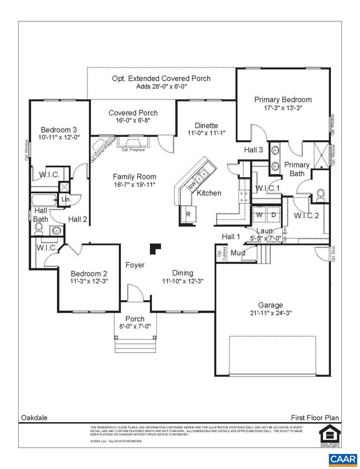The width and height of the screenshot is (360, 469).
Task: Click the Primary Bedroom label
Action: pyautogui.click(x=283, y=99)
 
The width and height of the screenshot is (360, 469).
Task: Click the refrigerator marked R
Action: pyautogui.click(x=188, y=214)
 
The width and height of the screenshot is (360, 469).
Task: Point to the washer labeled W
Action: pyautogui.click(x=259, y=215)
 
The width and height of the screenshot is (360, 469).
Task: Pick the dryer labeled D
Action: pyautogui.click(x=274, y=215)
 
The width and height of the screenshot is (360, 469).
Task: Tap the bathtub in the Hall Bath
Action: pyautogui.click(x=43, y=201)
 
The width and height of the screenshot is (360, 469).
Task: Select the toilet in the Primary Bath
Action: pyautogui.click(x=321, y=194)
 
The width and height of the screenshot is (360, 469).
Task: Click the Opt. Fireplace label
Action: pyautogui.click(x=133, y=150)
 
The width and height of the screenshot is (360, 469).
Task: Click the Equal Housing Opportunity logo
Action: pyautogui.click(x=329, y=436)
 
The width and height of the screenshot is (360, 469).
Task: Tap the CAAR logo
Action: pyautogui.click(x=343, y=459)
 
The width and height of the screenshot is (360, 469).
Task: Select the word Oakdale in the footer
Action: pyautogui.click(x=34, y=418)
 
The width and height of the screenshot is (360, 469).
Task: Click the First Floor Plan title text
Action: pyautogui.click(x=315, y=418)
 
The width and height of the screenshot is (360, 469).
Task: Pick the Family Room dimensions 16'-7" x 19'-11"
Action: pyautogui.click(x=134, y=185)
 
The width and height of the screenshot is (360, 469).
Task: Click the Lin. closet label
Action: pyautogui.click(x=66, y=199)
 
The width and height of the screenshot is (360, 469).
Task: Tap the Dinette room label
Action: pyautogui.click(x=206, y=126)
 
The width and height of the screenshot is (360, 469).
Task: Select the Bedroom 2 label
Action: pyautogui.click(x=89, y=274)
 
